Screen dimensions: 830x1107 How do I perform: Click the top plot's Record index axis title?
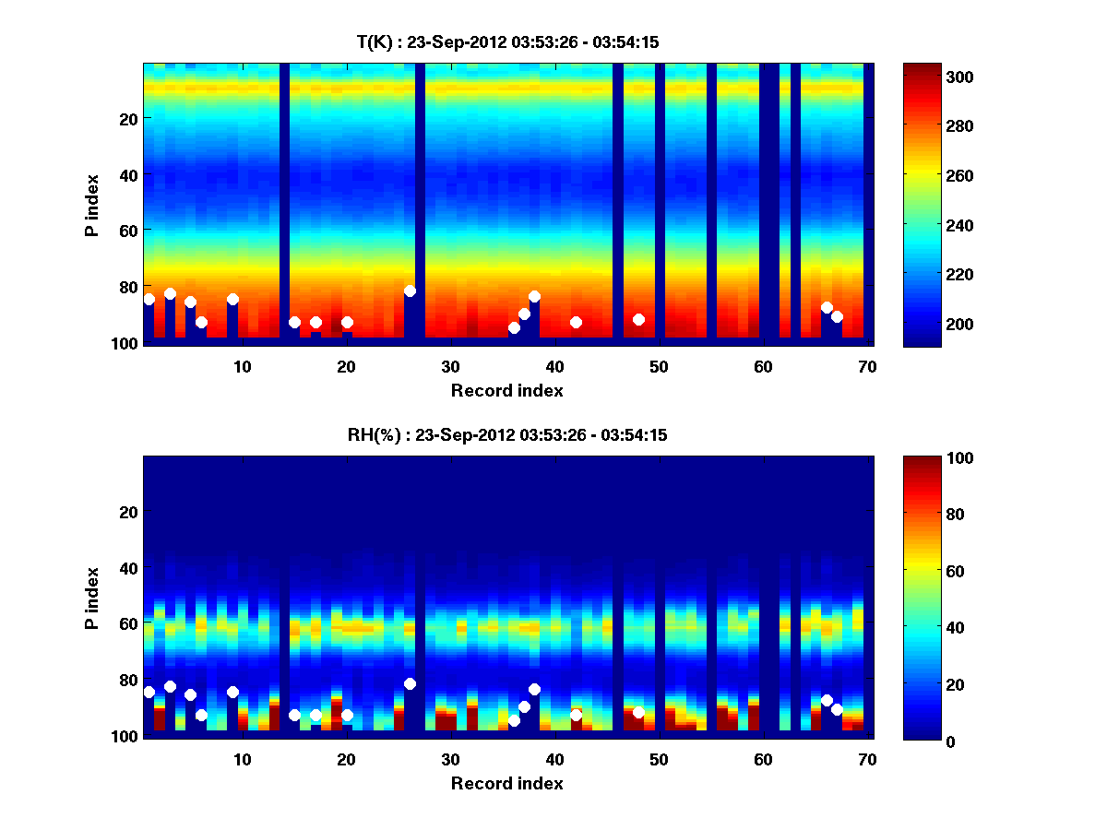pos(506,390)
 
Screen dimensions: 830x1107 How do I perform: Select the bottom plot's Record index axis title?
pos(506,783)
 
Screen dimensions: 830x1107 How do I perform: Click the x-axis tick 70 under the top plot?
pos(866,365)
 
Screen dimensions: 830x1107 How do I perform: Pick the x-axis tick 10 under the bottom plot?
pos(242,758)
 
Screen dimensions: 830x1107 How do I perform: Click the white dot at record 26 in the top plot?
pos(410,290)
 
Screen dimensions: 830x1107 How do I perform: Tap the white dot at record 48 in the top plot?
pos(638,319)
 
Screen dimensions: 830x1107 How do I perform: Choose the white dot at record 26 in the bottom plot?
pos(410,683)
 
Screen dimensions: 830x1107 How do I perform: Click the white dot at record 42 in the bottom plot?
pos(576,715)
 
